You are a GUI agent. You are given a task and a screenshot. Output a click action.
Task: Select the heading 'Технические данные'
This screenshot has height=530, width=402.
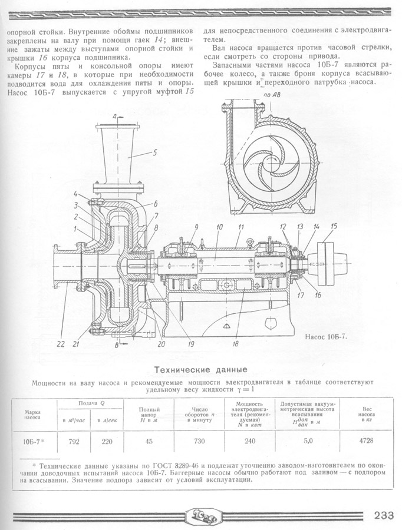click(x=200, y=370)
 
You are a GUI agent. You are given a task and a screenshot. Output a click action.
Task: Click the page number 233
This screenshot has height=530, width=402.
click(x=383, y=515)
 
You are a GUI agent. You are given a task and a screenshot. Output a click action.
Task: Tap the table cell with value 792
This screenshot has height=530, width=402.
click(x=73, y=440)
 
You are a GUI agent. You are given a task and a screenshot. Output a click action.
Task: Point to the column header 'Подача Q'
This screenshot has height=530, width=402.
click(x=90, y=403)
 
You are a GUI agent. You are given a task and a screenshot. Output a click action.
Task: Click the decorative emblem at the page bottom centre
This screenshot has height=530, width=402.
click(x=200, y=515)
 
